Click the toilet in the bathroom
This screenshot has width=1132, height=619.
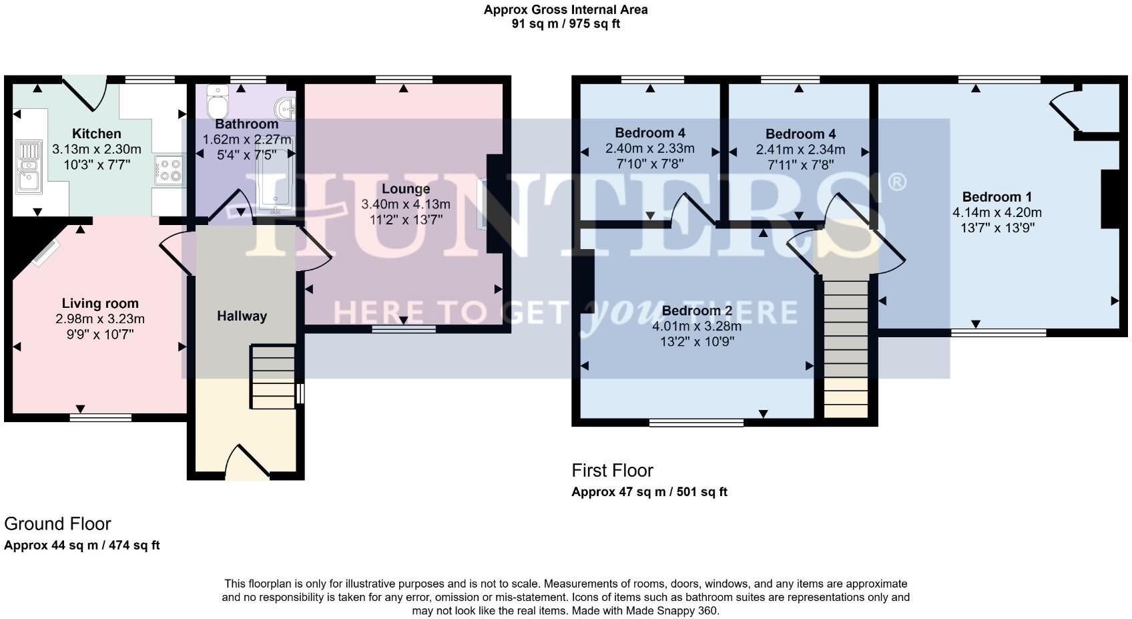(218, 101)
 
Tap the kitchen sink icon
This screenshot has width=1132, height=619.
(29, 167)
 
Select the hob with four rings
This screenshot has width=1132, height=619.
(170, 170)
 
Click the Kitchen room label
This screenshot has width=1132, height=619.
(97, 134)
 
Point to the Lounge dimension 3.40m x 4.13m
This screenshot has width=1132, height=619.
(405, 204)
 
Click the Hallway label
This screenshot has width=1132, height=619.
(242, 316)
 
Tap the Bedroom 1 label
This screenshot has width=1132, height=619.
(997, 197)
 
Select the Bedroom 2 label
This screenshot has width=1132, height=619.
(696, 311)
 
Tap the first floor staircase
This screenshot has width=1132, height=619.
(846, 347)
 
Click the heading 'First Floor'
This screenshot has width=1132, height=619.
(612, 471)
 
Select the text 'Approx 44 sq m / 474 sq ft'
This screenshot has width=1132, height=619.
(82, 546)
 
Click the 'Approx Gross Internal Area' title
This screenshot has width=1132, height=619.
(565, 10)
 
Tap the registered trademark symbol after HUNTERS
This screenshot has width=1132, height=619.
(896, 182)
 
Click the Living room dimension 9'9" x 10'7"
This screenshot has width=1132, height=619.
(99, 334)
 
